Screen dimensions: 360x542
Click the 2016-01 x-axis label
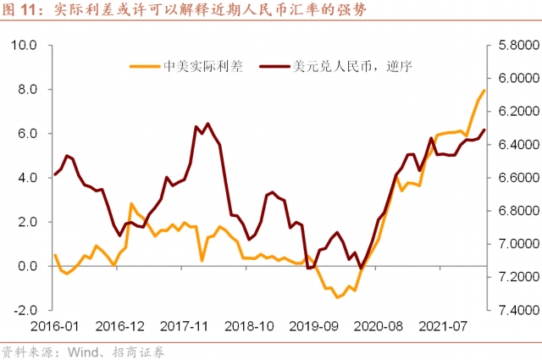(x=54, y=326)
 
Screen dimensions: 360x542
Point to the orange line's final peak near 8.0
(x=484, y=91)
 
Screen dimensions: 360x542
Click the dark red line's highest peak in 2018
(x=207, y=124)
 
